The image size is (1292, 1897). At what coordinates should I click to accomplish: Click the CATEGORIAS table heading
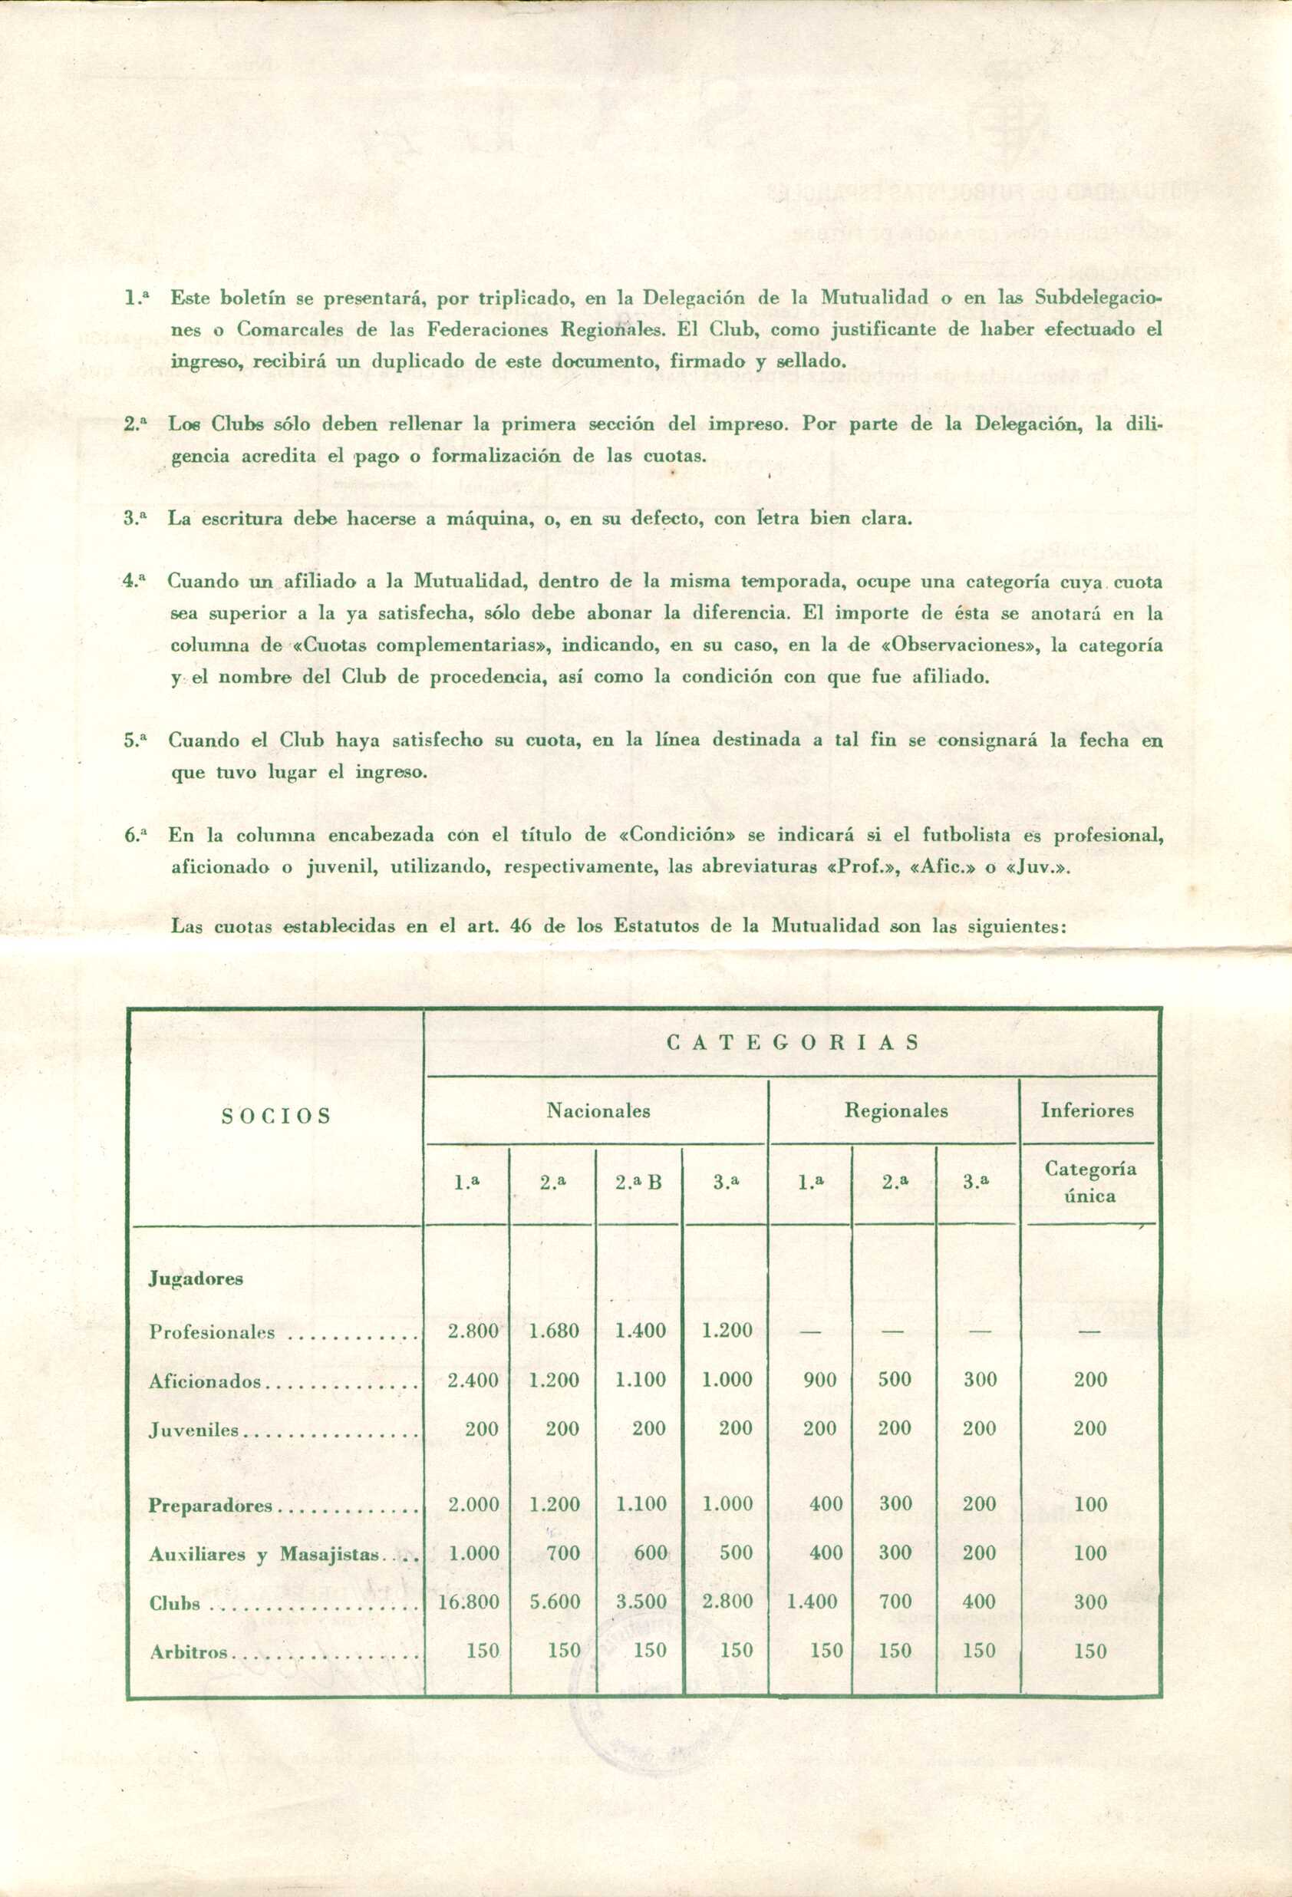pos(793,1042)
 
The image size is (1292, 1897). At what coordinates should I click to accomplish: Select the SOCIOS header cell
pos(276,1116)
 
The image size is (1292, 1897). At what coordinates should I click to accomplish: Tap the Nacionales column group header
pos(598,1110)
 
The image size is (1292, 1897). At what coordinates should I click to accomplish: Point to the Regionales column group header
pos(895,1110)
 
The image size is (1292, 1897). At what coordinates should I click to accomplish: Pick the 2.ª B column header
pos(638,1181)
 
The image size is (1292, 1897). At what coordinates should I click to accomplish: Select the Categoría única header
pos(1089,1182)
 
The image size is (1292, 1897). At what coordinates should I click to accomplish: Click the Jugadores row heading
pos(196,1278)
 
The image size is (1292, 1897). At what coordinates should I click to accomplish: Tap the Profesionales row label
pos(213,1332)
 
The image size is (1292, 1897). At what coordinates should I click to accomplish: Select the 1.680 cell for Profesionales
pos(554,1331)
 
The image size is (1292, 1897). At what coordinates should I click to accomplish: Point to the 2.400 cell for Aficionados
pos(473,1381)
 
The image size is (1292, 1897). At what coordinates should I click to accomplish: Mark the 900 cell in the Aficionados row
pos(819,1381)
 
